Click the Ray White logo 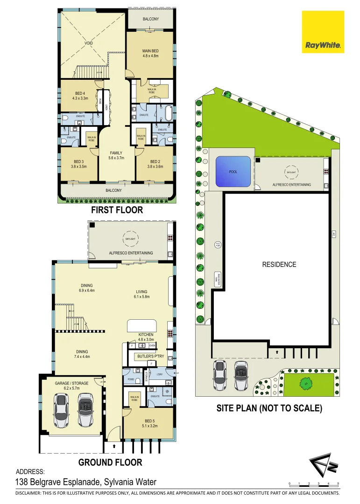323,32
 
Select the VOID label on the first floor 89,43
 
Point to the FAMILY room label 116,155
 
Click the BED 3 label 78,163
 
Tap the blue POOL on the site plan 233,171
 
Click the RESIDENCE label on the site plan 279,265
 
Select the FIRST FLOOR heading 117,210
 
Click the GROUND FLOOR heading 110,462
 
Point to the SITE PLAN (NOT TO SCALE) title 269,408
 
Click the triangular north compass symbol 322,465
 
